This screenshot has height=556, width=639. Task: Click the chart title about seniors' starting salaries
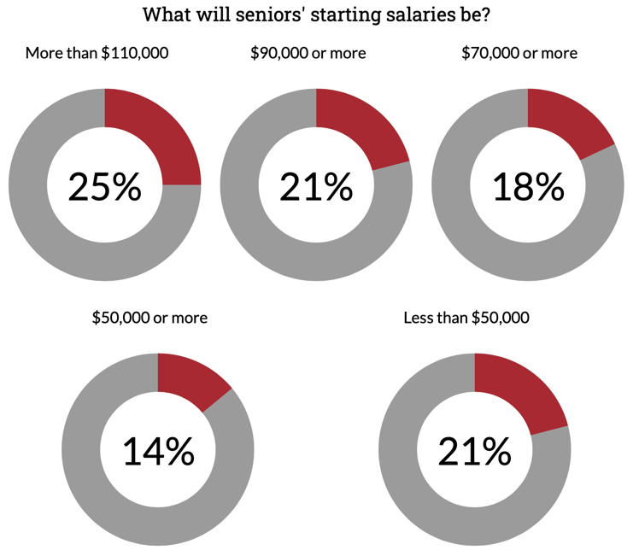pyautogui.click(x=321, y=15)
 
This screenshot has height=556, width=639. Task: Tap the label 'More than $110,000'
pyautogui.click(x=97, y=53)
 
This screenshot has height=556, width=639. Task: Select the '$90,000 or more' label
pyautogui.click(x=308, y=53)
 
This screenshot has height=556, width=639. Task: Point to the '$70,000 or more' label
pyautogui.click(x=519, y=53)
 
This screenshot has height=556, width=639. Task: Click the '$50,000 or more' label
pyautogui.click(x=149, y=318)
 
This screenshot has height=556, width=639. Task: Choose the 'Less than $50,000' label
pyautogui.click(x=466, y=318)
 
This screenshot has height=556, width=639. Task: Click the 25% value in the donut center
pyautogui.click(x=104, y=186)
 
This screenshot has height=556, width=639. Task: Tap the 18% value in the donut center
pyautogui.click(x=528, y=186)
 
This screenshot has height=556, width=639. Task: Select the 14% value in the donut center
pyautogui.click(x=158, y=451)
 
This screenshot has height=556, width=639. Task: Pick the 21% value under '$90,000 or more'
pyautogui.click(x=316, y=186)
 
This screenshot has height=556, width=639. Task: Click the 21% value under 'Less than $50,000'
pyautogui.click(x=475, y=451)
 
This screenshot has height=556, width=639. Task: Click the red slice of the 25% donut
pyautogui.click(x=154, y=137)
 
